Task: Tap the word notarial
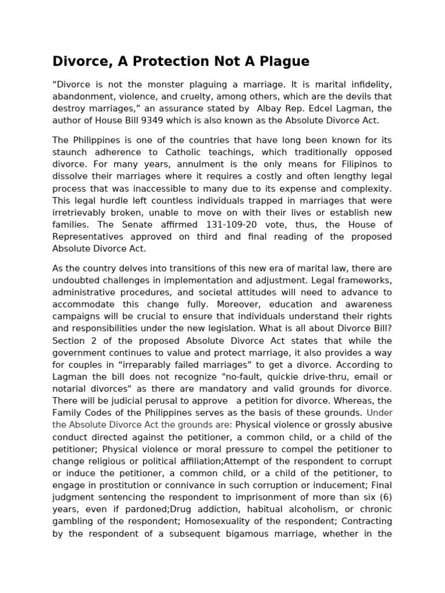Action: (x=69, y=389)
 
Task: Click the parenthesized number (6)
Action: (x=383, y=497)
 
